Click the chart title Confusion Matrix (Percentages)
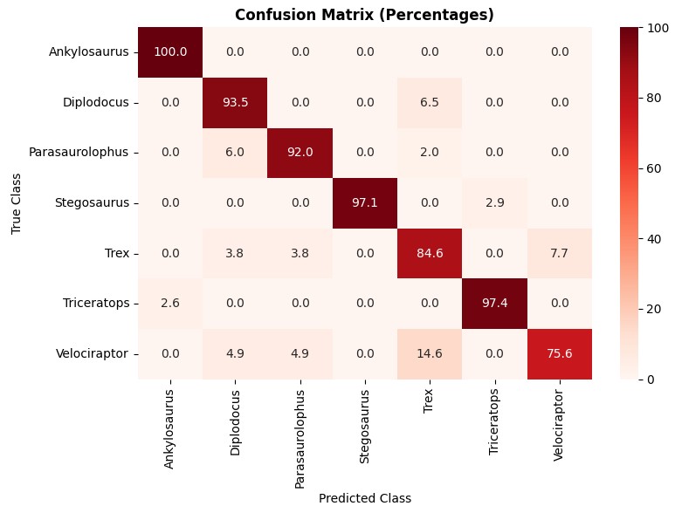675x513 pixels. pyautogui.click(x=364, y=15)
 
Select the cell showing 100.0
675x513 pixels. pyautogui.click(x=170, y=51)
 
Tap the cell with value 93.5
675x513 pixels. pyautogui.click(x=235, y=102)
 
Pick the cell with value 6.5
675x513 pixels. pyautogui.click(x=430, y=102)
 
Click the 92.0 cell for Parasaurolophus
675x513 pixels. pyautogui.click(x=300, y=152)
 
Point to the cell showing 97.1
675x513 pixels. pyautogui.click(x=365, y=202)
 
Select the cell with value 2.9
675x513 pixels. pyautogui.click(x=495, y=202)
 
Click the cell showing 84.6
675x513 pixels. pyautogui.click(x=430, y=253)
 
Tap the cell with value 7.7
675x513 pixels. pyautogui.click(x=560, y=253)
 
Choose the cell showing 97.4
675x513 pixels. pyautogui.click(x=495, y=303)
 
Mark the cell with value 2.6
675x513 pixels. pyautogui.click(x=170, y=303)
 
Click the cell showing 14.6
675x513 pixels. pyautogui.click(x=430, y=353)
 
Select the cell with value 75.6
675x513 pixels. pyautogui.click(x=560, y=353)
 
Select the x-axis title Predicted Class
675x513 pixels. pyautogui.click(x=365, y=498)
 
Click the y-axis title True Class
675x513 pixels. pyautogui.click(x=17, y=202)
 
